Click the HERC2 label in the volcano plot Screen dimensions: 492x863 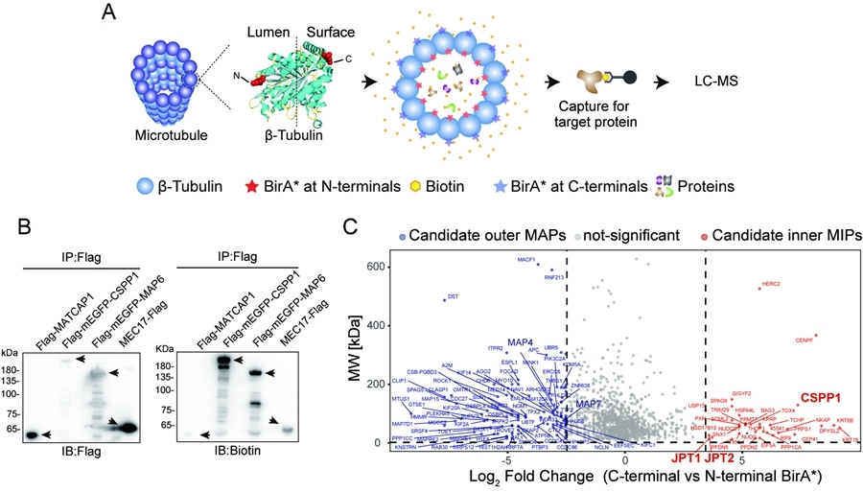(771, 285)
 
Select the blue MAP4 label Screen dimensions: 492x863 (521, 342)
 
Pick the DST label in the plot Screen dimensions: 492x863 (454, 296)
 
